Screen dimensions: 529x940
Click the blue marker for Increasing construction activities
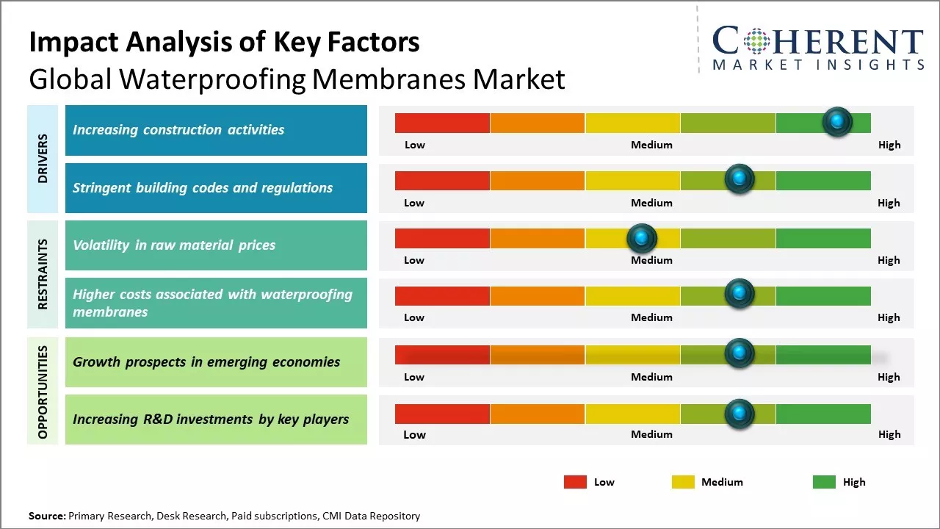837,122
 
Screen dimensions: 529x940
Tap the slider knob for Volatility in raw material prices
642,238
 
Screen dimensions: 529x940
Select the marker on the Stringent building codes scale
740,179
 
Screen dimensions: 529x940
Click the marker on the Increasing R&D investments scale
740,414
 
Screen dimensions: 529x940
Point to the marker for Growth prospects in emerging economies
740,353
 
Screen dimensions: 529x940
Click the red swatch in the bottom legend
575,482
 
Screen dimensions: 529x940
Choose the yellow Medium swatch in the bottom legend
683,482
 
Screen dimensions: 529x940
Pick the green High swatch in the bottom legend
824,482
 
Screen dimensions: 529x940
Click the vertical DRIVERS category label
43,159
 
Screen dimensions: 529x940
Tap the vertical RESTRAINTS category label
43,274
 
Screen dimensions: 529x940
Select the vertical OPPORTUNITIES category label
43,392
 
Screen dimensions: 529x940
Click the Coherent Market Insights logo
817,48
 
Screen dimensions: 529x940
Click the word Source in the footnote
46,516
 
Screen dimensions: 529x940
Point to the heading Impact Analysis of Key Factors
224,42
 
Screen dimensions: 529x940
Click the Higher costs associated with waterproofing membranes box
216,303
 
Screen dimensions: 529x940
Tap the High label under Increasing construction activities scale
889,145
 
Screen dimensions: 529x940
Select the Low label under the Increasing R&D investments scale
414,434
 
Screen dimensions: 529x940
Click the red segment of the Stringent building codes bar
442,180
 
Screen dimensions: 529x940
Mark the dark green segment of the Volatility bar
822,238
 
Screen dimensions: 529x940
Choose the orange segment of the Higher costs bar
537,295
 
